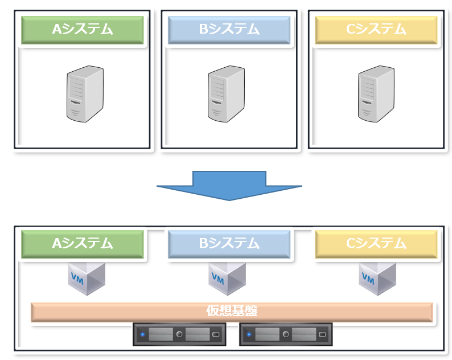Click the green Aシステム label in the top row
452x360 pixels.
tap(83, 30)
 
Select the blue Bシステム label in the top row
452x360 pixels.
tap(229, 30)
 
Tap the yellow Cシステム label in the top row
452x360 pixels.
tap(376, 30)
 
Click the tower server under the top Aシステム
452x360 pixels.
tap(85, 93)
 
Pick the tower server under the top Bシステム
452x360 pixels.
tap(226, 93)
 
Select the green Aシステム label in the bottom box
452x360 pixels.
tap(83, 244)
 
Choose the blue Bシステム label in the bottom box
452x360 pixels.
tap(229, 244)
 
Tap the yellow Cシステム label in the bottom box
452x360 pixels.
tap(376, 244)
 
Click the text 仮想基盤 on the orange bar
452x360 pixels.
tap(231, 312)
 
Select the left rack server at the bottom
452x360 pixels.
tap(179, 334)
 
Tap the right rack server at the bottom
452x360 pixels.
tap(286, 334)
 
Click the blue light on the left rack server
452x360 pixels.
tap(143, 334)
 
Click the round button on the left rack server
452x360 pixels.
tap(179, 334)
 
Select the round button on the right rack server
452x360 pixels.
tap(286, 334)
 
